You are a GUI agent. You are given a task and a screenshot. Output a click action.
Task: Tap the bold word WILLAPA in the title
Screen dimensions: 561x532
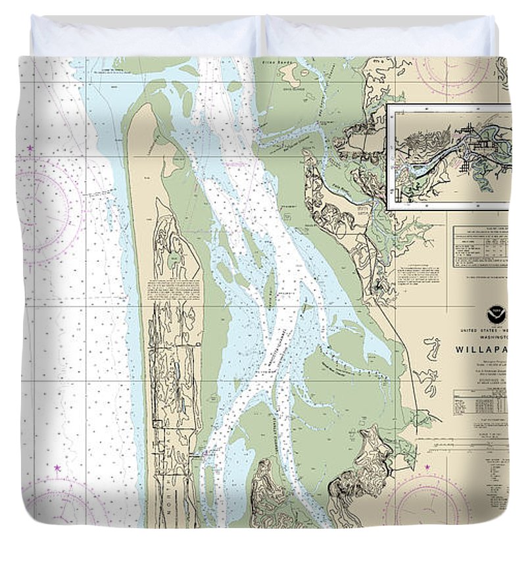click(x=482, y=350)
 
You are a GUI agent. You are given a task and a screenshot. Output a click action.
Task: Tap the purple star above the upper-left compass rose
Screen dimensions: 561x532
click(x=30, y=149)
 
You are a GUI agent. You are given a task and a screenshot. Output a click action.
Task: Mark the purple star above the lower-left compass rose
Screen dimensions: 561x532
click(x=57, y=468)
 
